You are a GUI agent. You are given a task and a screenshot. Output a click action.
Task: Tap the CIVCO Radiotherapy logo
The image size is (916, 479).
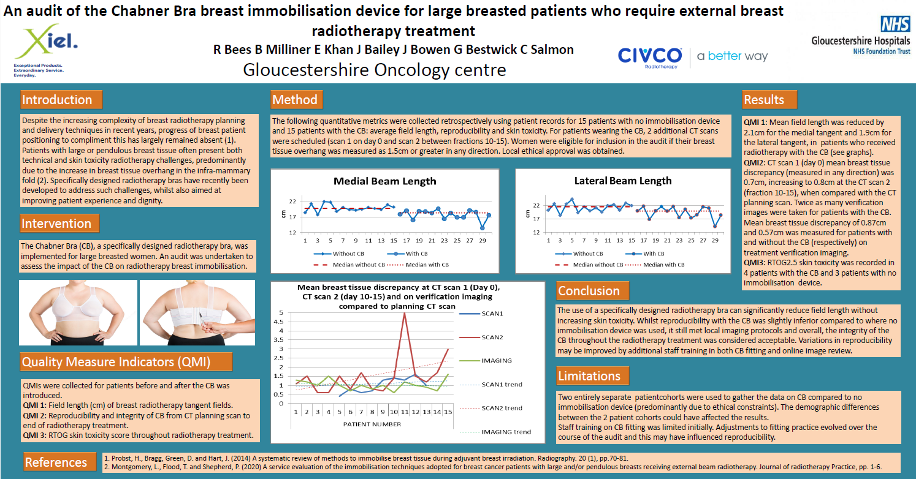(x=649, y=56)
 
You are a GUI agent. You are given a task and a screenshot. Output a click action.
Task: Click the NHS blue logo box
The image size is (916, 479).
(x=895, y=25)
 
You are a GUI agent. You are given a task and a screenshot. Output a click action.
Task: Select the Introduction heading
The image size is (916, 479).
(x=57, y=100)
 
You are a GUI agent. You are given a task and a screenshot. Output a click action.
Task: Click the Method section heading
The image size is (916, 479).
(x=295, y=100)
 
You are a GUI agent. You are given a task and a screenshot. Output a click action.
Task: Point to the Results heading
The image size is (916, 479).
(x=763, y=100)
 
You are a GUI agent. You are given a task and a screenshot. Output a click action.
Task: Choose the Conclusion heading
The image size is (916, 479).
(x=589, y=291)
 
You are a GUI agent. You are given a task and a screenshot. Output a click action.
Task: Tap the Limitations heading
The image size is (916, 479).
(x=589, y=375)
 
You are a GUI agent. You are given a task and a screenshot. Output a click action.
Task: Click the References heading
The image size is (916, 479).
(x=56, y=462)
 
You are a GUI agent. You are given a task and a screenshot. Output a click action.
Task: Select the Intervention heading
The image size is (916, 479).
(x=56, y=224)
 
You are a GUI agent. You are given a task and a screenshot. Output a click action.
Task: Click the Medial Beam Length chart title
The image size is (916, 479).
(x=385, y=181)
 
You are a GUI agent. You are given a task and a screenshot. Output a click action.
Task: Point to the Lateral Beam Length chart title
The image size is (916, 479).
(x=623, y=181)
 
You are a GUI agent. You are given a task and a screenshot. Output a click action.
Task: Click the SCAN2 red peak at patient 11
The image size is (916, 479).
(x=404, y=314)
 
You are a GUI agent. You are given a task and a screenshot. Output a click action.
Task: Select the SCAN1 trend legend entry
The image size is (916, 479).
(x=501, y=384)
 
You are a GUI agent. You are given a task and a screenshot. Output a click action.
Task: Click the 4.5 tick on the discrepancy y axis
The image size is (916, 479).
(x=281, y=322)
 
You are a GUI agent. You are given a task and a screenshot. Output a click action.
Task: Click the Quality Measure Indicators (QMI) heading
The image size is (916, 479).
(x=116, y=362)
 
